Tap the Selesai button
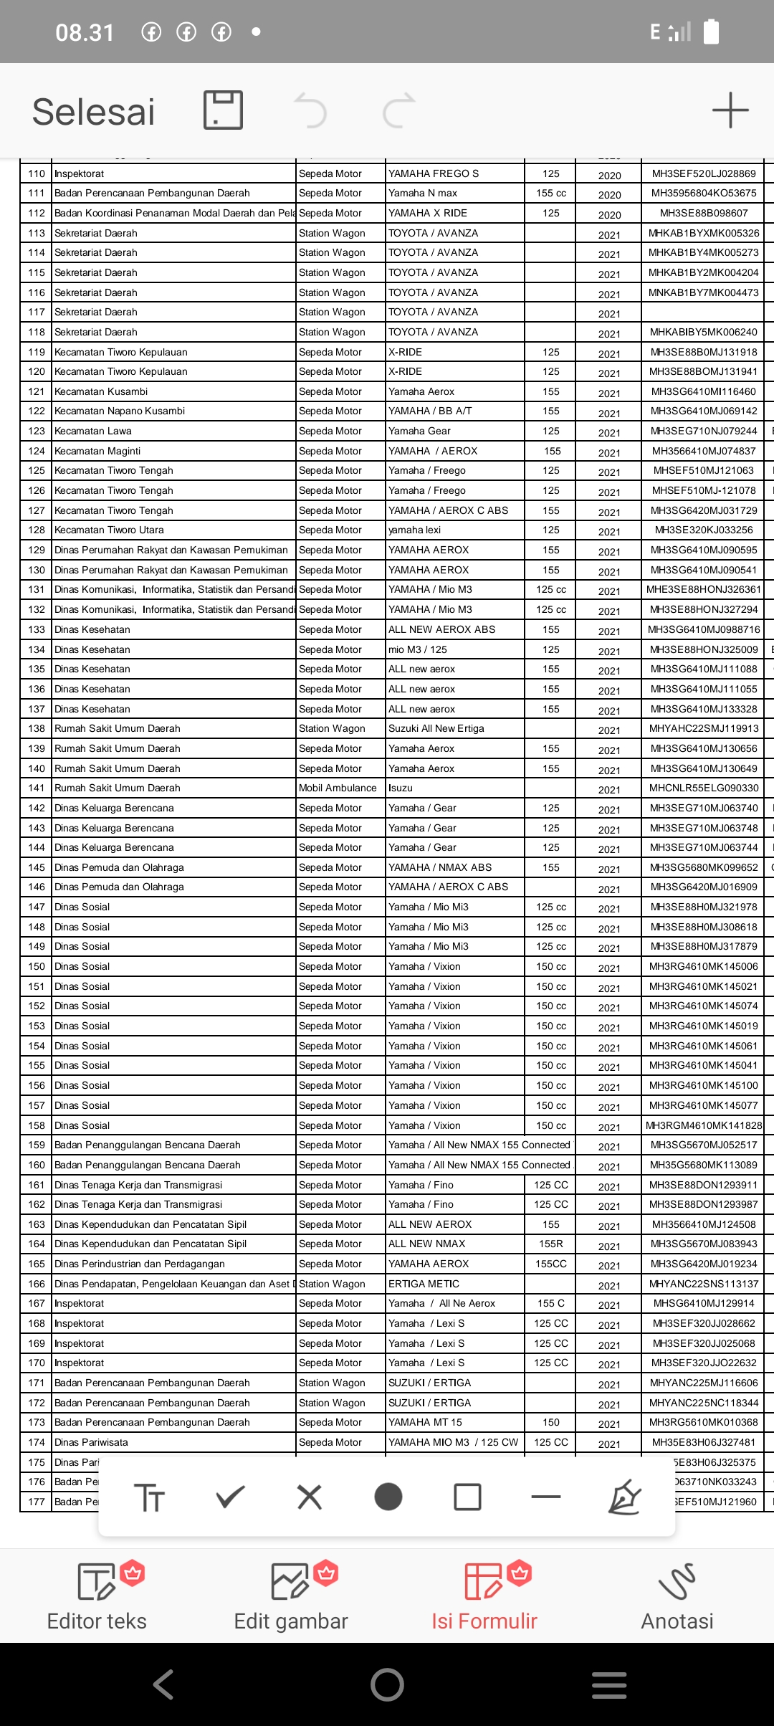[94, 112]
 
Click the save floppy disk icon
[224, 110]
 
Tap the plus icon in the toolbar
[730, 110]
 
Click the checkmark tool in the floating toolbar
[231, 1497]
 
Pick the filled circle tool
[388, 1497]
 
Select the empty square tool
[467, 1497]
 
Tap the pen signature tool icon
[624, 1497]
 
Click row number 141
[37, 788]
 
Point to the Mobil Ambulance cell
[338, 788]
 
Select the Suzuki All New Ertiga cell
[436, 728]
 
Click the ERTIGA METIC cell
[424, 1284]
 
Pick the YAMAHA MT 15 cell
[425, 1422]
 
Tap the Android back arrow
[163, 1684]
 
